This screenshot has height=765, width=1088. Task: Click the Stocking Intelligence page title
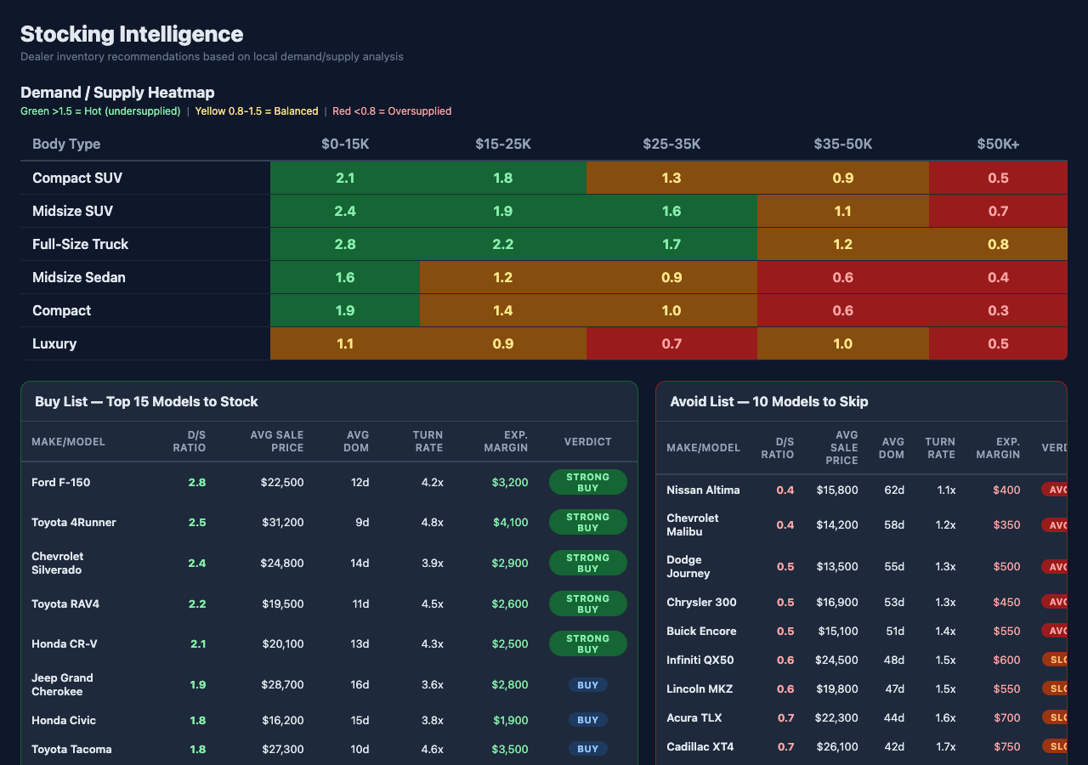tap(132, 34)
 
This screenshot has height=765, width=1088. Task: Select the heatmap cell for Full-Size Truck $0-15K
tap(345, 244)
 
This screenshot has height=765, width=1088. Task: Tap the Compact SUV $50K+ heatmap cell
tap(998, 178)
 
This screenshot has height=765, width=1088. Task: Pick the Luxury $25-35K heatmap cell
tap(671, 343)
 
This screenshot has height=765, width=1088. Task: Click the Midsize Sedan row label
tap(79, 277)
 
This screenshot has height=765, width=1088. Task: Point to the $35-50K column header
tap(842, 144)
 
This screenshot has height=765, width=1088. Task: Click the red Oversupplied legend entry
tap(392, 111)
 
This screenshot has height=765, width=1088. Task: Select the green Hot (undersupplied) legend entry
tap(100, 111)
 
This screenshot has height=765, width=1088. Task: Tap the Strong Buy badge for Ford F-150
tap(587, 482)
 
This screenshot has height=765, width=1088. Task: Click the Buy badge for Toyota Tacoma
tap(587, 749)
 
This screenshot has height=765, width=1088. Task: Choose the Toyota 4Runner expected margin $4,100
tap(510, 522)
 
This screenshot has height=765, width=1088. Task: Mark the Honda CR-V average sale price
tap(282, 643)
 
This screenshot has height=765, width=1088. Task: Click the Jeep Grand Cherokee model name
tap(62, 684)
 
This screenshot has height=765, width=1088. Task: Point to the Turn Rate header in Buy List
tap(428, 441)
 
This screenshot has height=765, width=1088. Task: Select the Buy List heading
tap(146, 401)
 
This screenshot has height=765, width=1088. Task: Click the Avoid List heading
tap(768, 401)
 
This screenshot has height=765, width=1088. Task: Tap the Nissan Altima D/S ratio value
tap(785, 490)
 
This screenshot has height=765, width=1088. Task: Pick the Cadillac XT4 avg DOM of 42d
tap(893, 746)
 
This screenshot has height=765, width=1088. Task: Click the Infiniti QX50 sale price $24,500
tap(836, 660)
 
